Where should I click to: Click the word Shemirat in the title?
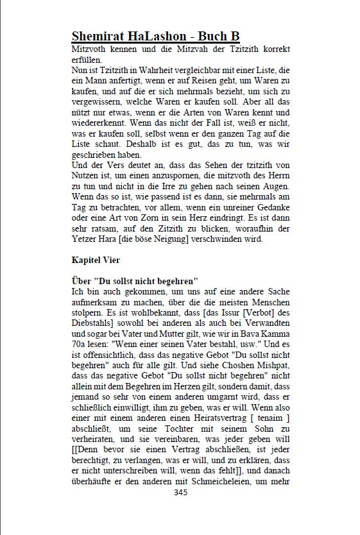pos(103,36)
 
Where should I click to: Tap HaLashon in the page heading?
pos(166,36)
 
